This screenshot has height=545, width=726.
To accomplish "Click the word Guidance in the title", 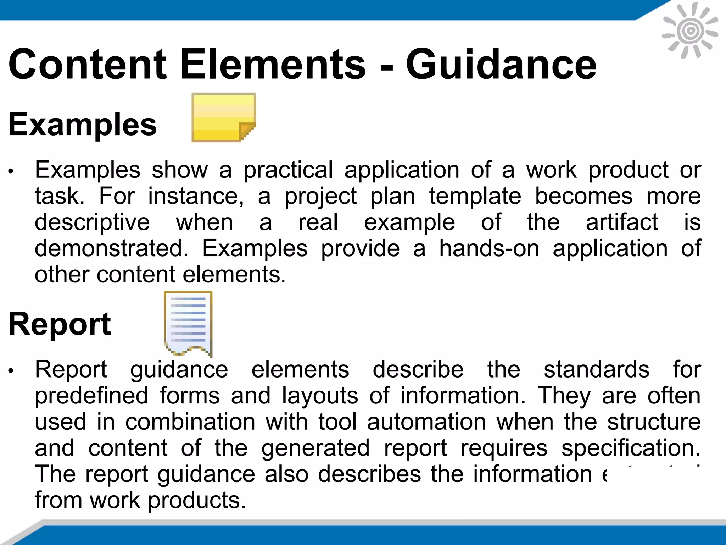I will coord(501,65).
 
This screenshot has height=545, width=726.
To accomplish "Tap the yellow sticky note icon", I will coord(223,117).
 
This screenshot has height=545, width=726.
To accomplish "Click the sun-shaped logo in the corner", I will coord(690,31).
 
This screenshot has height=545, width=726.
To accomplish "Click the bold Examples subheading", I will coord(82,124).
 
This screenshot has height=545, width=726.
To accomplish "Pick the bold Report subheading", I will coord(60,324).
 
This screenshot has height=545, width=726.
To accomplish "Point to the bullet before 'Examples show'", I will coord(11,171).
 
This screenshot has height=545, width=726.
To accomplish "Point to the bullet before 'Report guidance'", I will coord(11,371).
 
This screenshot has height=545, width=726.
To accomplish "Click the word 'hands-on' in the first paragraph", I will coord(489,248).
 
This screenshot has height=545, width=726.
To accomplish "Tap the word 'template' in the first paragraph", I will coord(475,196).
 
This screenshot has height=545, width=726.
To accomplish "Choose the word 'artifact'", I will coord(622,222).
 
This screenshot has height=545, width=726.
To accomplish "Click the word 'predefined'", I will coord(91,396).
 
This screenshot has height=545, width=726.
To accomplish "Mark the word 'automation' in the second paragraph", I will coord(426,422).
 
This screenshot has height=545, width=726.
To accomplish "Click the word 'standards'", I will coord(597,369).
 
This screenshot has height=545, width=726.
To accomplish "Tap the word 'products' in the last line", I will coord(196,500).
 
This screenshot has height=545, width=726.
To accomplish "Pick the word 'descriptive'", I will coord(92,222).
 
